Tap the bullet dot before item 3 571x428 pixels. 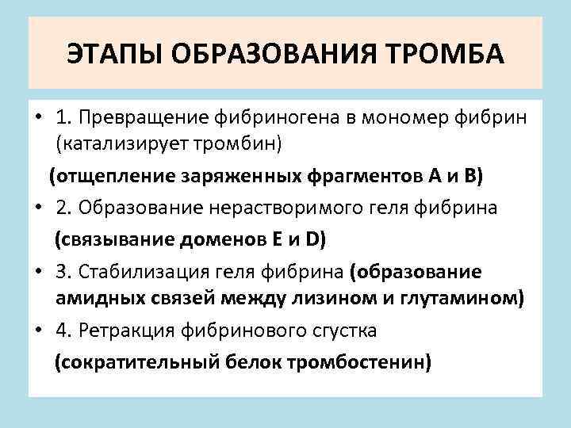click(37, 270)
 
